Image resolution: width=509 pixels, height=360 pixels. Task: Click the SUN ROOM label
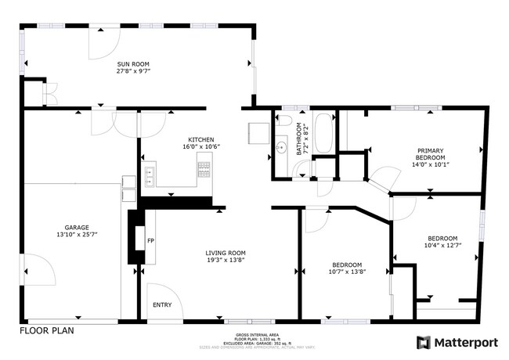pos(133,64)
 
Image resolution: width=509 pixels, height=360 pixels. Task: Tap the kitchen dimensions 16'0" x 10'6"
pos(201,146)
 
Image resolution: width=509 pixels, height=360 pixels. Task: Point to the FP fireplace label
pos(151,241)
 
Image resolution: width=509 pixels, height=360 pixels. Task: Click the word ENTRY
pos(162,304)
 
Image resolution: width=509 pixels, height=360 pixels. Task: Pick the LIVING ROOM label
pos(226,253)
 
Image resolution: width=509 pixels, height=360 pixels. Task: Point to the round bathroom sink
pos(282,146)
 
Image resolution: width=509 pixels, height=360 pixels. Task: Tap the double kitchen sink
pos(149,175)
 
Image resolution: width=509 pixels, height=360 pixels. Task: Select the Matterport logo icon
pos(423,342)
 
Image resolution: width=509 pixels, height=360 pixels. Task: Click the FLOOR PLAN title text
pos(47,330)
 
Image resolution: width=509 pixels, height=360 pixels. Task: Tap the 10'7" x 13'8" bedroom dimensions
pos(346,272)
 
